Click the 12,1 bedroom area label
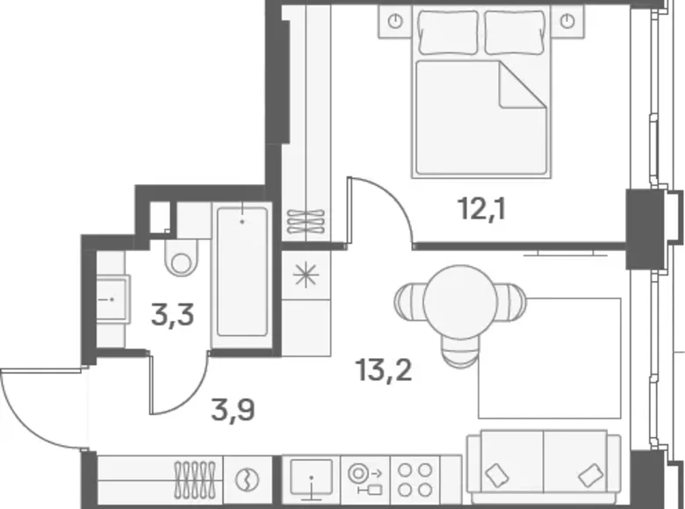click(482, 209)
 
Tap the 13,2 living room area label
click(384, 370)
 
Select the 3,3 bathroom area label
click(172, 315)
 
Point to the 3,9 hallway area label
click(233, 411)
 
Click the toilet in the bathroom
click(181, 257)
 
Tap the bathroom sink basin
click(112, 299)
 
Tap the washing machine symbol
click(247, 480)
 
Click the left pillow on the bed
click(448, 32)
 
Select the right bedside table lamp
click(567, 21)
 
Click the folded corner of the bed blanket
click(523, 85)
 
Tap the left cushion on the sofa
click(496, 475)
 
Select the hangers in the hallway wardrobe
click(195, 478)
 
